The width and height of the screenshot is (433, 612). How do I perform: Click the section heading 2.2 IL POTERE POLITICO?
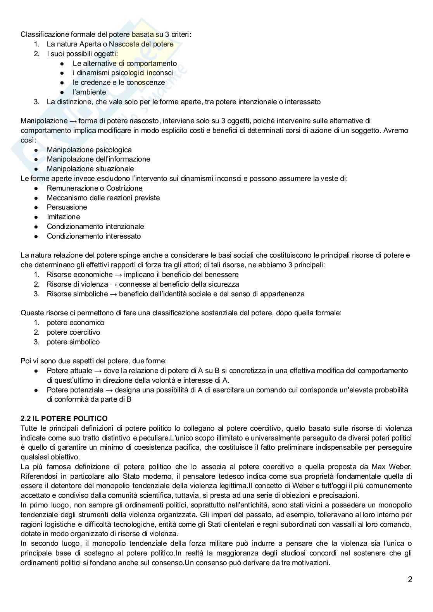pos(64,418)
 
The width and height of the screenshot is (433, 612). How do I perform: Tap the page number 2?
pos(410,580)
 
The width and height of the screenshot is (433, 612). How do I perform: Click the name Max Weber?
pos(391,466)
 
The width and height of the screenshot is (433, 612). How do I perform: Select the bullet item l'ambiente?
pos(89,92)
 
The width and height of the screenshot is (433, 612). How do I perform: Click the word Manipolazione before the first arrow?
pos(44,121)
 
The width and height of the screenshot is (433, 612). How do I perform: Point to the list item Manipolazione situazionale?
pos(90,168)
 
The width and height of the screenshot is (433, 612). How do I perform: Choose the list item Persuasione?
pos(67,207)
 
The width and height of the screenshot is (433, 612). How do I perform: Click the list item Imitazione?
pos(63,217)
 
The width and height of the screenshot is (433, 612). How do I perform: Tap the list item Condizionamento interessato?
pos(94,236)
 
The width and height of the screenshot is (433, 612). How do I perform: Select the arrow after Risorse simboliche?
pos(113,294)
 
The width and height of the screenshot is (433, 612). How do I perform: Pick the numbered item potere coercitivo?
pos(73,332)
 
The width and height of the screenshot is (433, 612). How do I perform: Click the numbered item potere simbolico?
pos(73,342)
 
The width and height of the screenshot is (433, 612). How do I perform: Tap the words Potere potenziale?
pos(75,390)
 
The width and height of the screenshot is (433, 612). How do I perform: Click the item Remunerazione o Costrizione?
pos(95,188)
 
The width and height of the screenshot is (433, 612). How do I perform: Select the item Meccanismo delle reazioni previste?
pos(103,198)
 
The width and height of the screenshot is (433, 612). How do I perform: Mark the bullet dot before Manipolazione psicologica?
pos(36,150)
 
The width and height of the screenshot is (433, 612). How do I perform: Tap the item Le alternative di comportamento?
pos(124,63)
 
